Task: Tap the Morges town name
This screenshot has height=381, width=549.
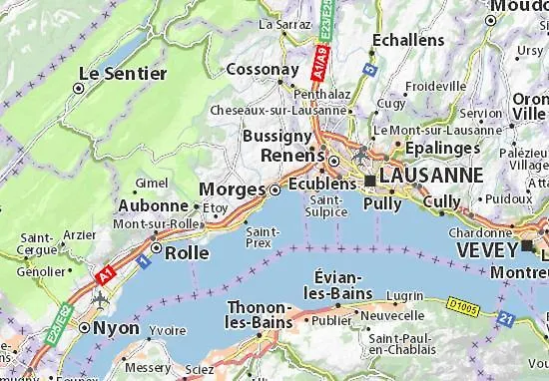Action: click(233, 189)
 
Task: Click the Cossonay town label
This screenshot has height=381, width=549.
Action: click(263, 70)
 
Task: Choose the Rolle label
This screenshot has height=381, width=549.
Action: click(187, 252)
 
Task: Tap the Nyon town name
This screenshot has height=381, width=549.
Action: click(117, 326)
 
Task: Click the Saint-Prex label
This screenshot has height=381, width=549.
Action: click(263, 236)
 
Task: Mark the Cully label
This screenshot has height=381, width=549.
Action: click(442, 202)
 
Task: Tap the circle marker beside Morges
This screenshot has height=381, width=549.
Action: click(275, 189)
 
